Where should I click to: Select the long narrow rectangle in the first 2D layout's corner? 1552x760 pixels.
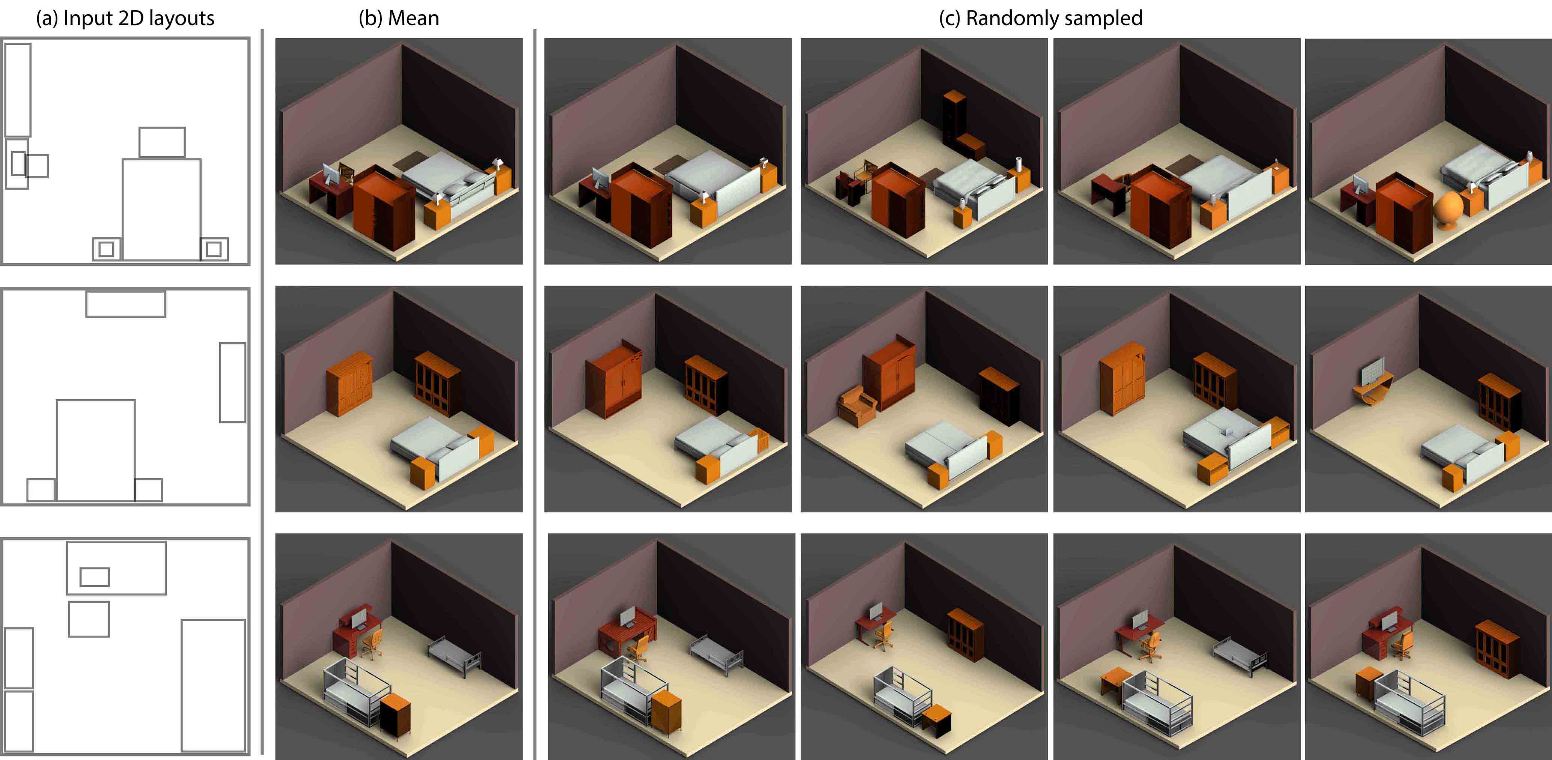click(x=18, y=90)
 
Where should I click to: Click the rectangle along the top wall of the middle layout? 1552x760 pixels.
click(x=126, y=304)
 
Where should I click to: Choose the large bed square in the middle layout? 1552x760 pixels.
click(x=96, y=450)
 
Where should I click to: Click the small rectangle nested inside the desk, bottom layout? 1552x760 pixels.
click(x=95, y=577)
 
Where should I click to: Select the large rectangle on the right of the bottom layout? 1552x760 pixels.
click(x=213, y=685)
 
